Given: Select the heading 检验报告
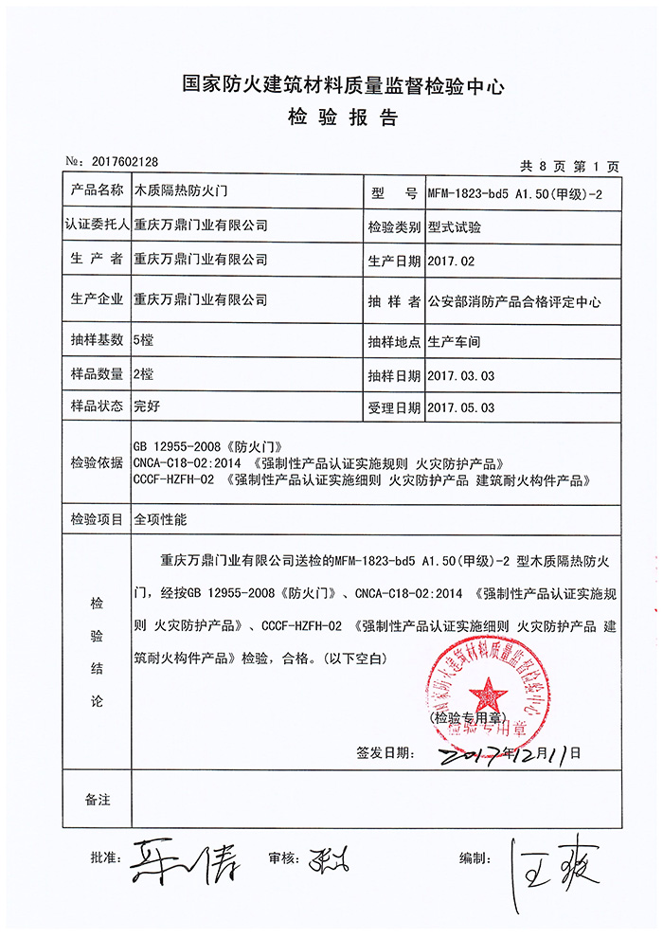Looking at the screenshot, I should (x=331, y=118).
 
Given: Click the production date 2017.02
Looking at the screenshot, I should (x=451, y=260).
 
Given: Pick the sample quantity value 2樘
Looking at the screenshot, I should (x=143, y=374).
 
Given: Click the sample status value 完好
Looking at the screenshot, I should (x=146, y=406).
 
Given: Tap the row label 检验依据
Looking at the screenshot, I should (x=97, y=462).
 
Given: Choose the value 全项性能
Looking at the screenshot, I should (x=160, y=519).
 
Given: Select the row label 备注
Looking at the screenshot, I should (x=97, y=801).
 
